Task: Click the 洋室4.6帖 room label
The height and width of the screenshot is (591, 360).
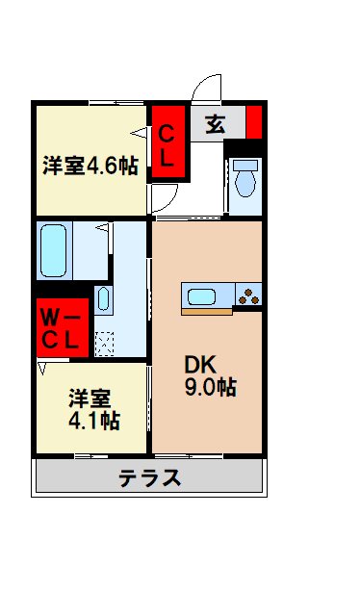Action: coord(90,165)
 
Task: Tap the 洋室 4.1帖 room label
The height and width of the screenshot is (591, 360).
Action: coord(93,408)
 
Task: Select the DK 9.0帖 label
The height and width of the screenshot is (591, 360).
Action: coord(211,376)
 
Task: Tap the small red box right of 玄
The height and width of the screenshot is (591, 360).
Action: coord(254,122)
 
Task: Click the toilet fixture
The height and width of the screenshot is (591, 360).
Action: coord(245,177)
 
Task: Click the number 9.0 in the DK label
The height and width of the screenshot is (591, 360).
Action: coord(211,388)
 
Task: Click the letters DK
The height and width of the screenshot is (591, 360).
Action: coord(199,365)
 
